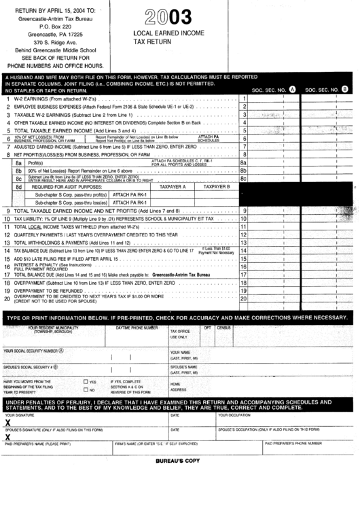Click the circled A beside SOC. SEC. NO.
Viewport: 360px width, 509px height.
click(x=292, y=89)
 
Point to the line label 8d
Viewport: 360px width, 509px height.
click(x=19, y=186)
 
